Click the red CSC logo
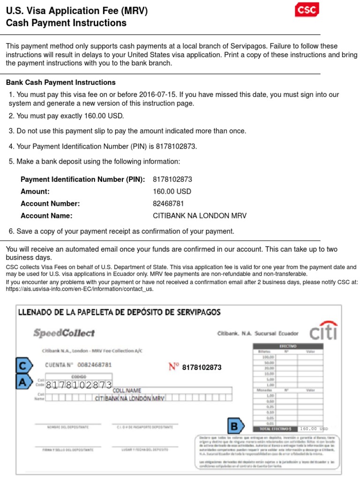[307, 10]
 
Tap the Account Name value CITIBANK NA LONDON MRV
[200, 216]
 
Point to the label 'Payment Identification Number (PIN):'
[83, 180]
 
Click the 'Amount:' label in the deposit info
[35, 192]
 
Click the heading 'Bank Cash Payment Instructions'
[61, 82]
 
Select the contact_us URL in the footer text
[80, 289]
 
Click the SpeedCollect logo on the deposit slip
[64, 333]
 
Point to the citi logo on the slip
[323, 331]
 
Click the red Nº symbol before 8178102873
[173, 367]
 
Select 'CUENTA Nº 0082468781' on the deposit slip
[78, 365]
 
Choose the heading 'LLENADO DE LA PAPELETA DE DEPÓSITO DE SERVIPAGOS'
[119, 312]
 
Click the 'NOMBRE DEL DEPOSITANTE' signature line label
[61, 427]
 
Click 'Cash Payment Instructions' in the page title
[66, 23]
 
